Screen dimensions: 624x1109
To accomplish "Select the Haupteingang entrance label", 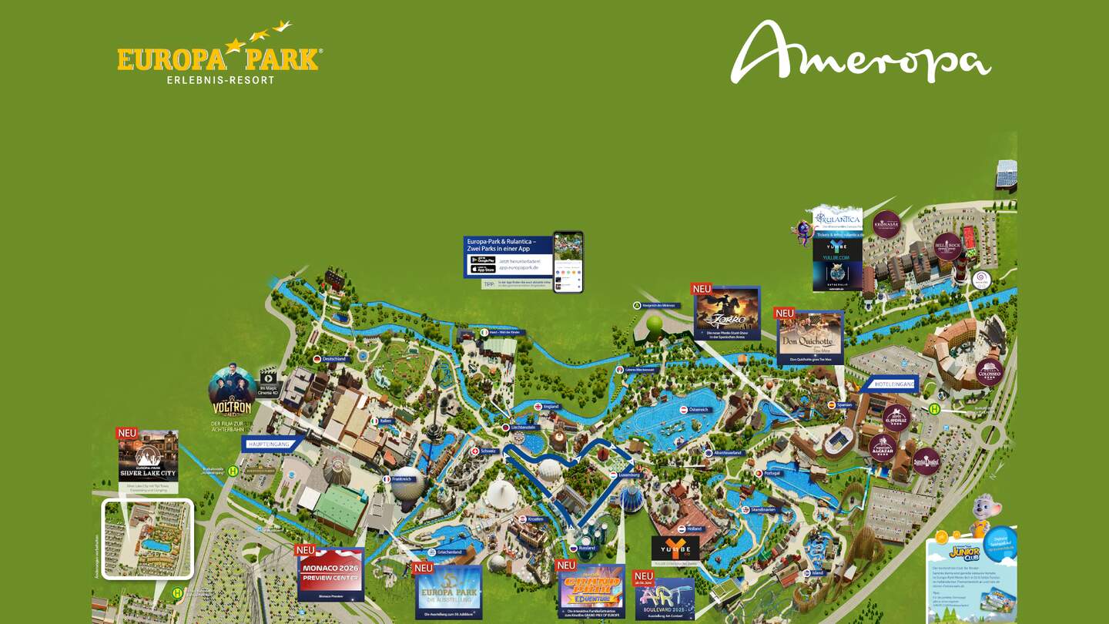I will tap(270, 444).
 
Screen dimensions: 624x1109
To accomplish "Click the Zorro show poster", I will tap(726, 313).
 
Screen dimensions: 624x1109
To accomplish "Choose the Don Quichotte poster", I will tap(809, 337).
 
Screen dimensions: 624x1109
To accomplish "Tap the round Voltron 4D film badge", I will tap(233, 392).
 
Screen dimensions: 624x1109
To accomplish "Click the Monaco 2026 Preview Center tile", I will tap(330, 574).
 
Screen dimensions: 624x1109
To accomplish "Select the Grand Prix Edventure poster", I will tap(591, 590).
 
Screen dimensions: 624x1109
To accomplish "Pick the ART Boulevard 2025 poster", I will tap(664, 599).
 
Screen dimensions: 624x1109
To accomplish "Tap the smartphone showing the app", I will tap(568, 262).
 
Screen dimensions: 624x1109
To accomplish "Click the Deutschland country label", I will tap(334, 359).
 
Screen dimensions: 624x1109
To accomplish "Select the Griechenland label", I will tap(448, 552).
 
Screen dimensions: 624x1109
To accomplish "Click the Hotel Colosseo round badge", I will tap(990, 372).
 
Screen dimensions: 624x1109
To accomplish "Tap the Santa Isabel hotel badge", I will tap(926, 461).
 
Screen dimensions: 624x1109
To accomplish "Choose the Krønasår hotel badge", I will tap(886, 224).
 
